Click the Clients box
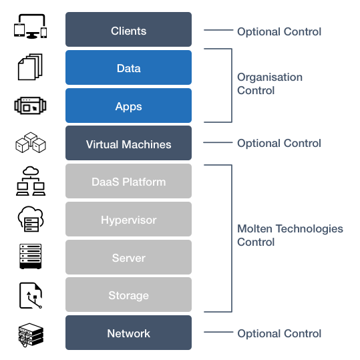click(128, 29)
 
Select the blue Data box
click(128, 67)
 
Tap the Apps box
click(128, 106)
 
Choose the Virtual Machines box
click(128, 143)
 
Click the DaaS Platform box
click(128, 181)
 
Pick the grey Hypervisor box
click(128, 219)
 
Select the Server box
click(128, 257)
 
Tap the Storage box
click(128, 295)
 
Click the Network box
click(128, 333)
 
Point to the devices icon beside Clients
click(30, 27)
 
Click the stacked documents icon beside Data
click(30, 67)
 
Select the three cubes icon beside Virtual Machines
click(31, 142)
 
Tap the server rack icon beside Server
click(31, 256)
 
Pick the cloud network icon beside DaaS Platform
click(31, 181)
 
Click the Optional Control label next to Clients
click(279, 31)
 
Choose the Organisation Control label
click(270, 83)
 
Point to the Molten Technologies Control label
click(290, 235)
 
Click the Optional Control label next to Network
click(279, 333)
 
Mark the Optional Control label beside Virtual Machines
click(279, 143)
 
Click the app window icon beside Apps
click(30, 106)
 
